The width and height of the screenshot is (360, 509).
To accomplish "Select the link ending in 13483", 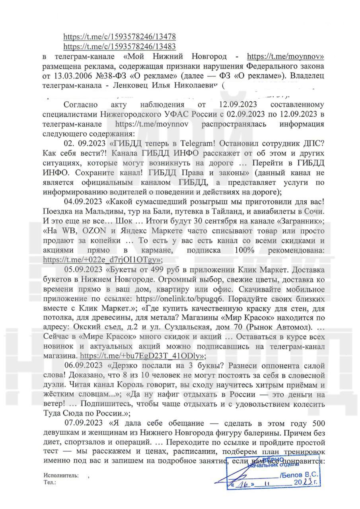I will [120, 46].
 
